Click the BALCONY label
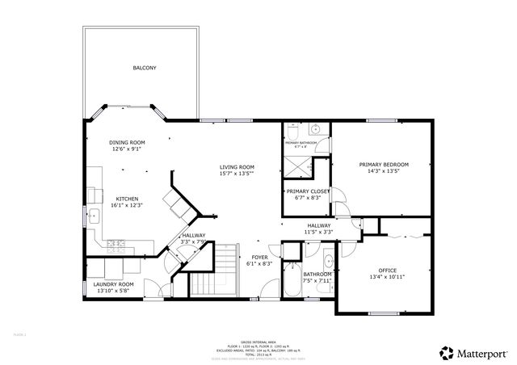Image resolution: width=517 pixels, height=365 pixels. (145, 68)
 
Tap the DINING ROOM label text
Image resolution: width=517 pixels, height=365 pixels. (127, 142)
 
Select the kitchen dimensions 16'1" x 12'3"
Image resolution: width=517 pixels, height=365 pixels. (127, 205)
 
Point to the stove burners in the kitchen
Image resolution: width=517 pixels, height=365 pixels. (116, 242)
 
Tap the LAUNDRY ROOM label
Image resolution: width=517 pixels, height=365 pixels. (113, 284)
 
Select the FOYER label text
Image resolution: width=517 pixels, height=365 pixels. (258, 257)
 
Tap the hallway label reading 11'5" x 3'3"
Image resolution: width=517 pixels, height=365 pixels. (318, 232)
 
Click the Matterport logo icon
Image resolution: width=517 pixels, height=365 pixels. (446, 352)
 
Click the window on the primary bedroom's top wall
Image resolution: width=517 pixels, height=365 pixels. (380, 121)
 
